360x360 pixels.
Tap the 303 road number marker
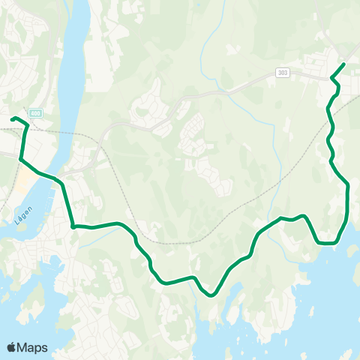pos(282,72)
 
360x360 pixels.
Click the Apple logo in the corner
pos(12,347)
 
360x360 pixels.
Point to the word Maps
pos(33,347)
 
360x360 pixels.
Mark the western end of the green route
pos(12,118)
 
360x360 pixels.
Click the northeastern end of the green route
pos(343,64)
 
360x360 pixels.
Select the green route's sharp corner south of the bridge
pos(73,226)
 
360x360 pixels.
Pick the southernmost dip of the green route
pos(212,295)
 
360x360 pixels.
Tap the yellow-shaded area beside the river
pos(27,180)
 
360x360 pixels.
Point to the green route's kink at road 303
pos(332,77)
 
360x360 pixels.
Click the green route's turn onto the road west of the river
pos(20,159)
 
